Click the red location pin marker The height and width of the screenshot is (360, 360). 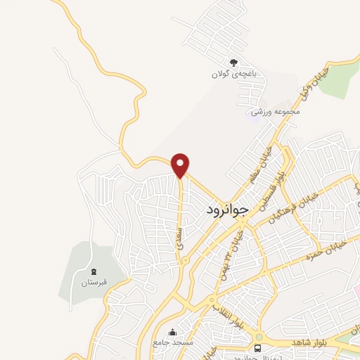coord(181,164)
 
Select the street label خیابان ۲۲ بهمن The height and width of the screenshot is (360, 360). coord(233,243)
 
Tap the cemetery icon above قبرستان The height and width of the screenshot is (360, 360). coord(94,271)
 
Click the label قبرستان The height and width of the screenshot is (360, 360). coord(94,283)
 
